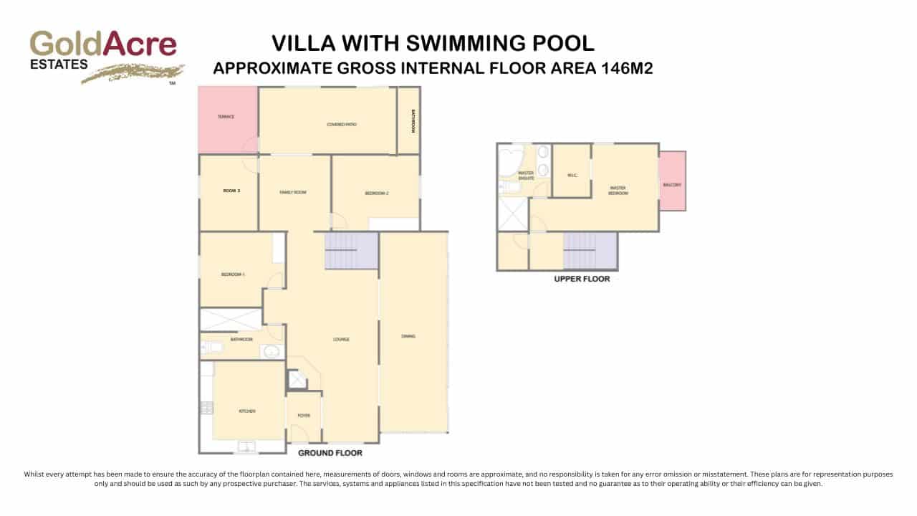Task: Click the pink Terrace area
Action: (227, 118)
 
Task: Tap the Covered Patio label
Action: (342, 125)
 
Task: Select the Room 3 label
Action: (230, 191)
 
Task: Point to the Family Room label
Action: (293, 192)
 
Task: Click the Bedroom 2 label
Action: (376, 193)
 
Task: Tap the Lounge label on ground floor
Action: (341, 339)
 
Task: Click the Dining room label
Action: (408, 336)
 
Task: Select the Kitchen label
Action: (247, 411)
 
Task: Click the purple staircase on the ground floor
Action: (351, 250)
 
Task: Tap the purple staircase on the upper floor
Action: (590, 251)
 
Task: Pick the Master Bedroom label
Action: (618, 191)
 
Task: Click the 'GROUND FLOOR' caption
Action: (330, 453)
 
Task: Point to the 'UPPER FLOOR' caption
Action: (582, 279)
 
